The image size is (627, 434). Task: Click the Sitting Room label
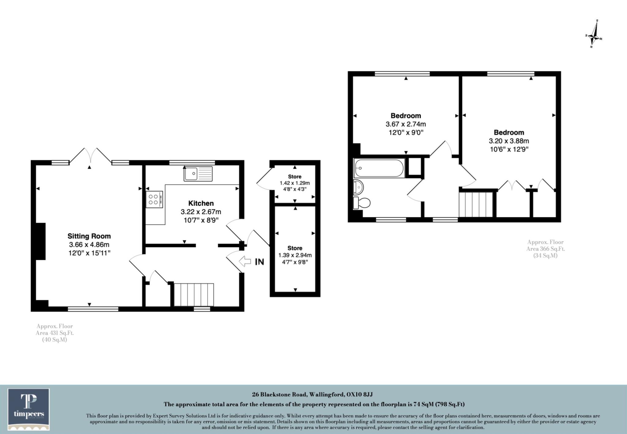[89, 236]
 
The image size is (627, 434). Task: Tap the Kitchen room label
[201, 203]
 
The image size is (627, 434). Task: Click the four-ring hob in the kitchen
[154, 200]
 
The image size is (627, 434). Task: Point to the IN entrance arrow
[245, 261]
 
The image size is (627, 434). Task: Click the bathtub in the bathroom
[379, 168]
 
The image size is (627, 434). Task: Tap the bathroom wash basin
[358, 187]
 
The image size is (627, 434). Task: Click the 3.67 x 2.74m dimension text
[406, 124]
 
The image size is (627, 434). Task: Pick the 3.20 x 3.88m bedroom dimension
[509, 141]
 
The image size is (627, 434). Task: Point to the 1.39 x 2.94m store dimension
[295, 255]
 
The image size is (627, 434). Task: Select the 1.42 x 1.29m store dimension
[295, 183]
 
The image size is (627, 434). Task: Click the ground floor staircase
[193, 295]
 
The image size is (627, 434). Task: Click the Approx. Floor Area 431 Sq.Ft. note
[55, 333]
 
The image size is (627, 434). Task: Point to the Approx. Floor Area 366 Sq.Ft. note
[545, 249]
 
